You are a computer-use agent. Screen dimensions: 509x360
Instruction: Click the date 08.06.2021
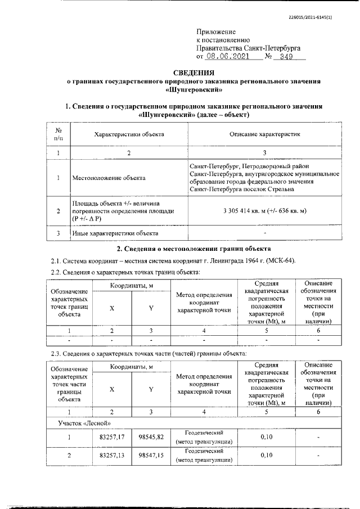[x=224, y=56]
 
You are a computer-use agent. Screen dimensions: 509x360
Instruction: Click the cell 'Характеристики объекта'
[x=129, y=135]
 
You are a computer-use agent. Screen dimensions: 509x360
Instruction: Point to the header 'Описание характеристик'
[x=265, y=135]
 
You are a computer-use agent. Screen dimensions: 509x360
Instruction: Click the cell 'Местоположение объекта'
[x=109, y=178]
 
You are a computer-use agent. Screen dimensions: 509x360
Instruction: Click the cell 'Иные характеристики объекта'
[x=115, y=233]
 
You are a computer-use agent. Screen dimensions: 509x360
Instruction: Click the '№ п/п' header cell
[x=58, y=135]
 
